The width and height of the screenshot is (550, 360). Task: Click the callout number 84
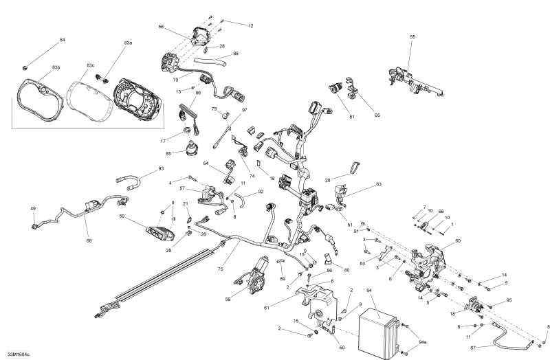[63, 40]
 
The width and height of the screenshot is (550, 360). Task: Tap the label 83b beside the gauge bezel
[56, 67]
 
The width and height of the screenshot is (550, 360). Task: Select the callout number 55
[412, 36]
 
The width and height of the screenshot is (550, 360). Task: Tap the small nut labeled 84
[25, 67]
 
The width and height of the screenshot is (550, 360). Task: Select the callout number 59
[122, 217]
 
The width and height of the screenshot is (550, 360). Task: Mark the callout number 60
[458, 240]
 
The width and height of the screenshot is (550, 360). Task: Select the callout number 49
[32, 209]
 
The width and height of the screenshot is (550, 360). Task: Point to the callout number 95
[509, 300]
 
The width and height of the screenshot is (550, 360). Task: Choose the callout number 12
[251, 25]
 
